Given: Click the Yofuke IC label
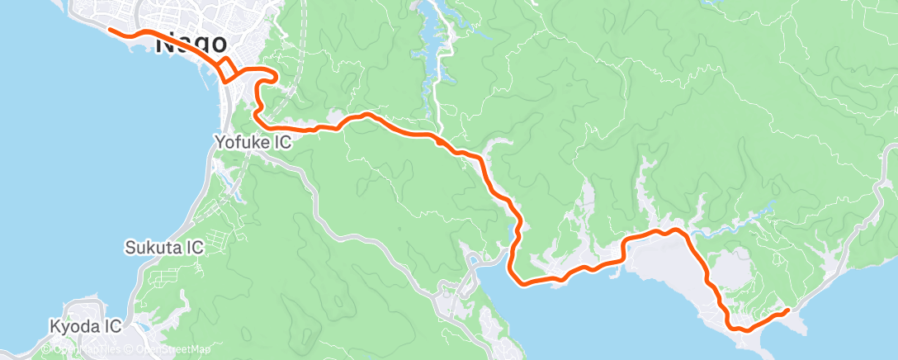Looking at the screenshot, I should pos(253,142).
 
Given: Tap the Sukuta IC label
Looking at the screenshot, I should pos(163,247).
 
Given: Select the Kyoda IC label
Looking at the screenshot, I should pos(86,326).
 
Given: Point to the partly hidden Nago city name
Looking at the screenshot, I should pos(192,43).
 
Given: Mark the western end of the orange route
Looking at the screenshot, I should pos(110,31).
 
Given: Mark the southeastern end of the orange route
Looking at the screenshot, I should pos(787,310).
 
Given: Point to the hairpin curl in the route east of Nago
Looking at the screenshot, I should pos(266,79).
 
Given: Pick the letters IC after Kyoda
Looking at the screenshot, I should pos(113,326).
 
